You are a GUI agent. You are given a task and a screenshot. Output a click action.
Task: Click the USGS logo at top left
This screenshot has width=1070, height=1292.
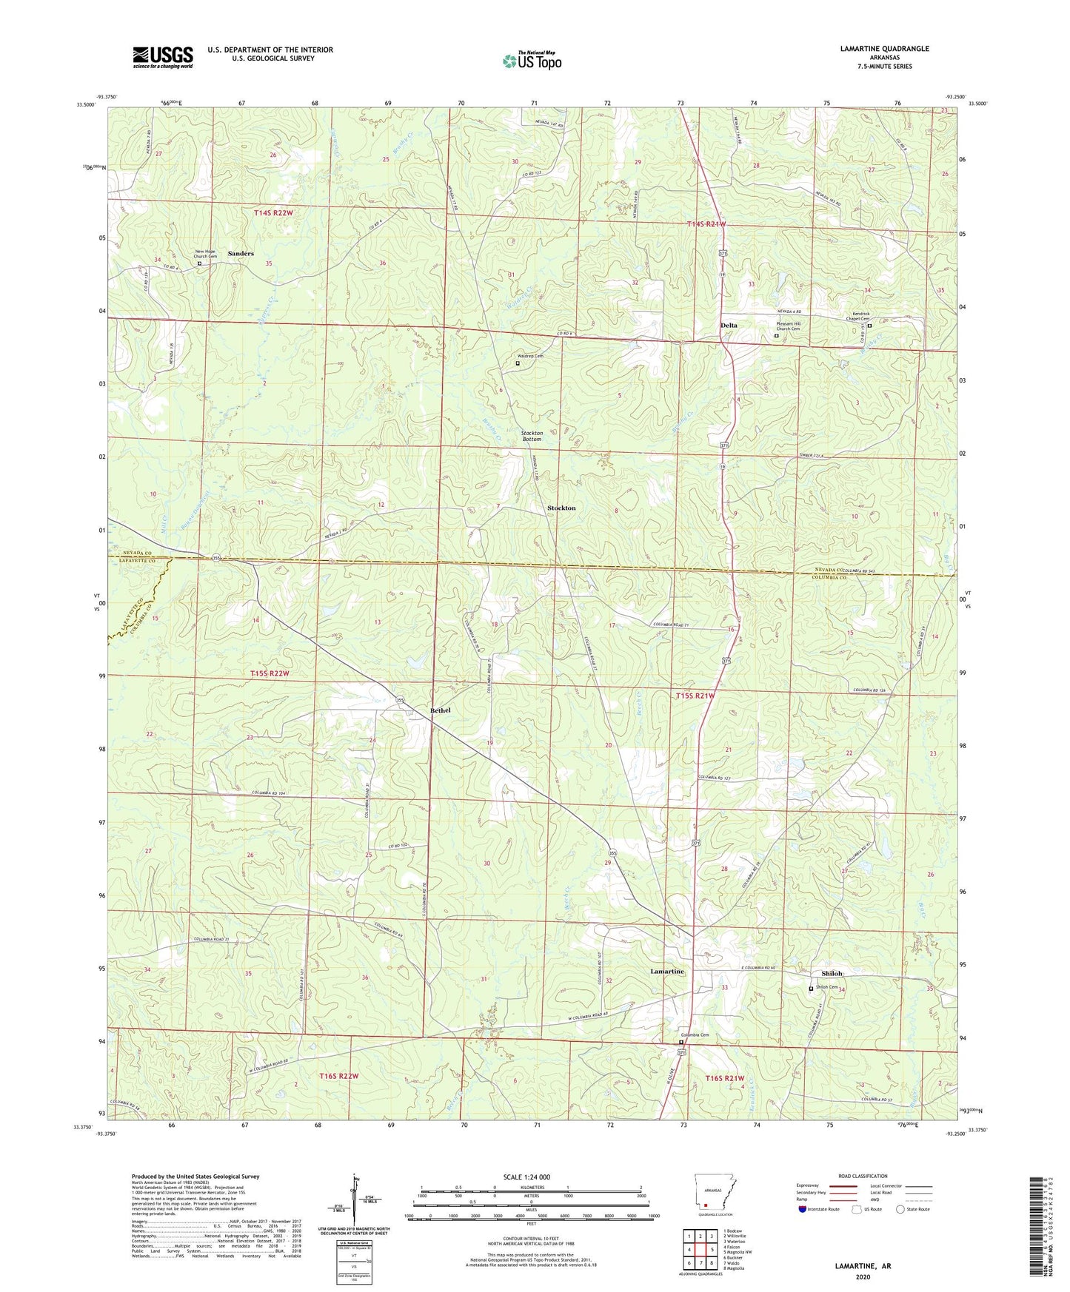tap(163, 57)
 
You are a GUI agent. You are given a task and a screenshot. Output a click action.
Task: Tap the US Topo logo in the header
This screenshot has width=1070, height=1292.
tap(532, 60)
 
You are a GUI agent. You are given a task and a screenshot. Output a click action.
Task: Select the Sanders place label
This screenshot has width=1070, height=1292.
tap(241, 254)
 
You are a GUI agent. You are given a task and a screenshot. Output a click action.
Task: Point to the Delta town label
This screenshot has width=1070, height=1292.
tap(729, 326)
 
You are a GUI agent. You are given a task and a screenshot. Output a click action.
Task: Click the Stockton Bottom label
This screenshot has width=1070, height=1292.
tap(532, 436)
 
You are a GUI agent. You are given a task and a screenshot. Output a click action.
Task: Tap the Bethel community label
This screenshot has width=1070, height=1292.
tap(441, 710)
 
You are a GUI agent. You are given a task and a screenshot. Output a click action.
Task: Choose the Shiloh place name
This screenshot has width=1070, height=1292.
tap(832, 974)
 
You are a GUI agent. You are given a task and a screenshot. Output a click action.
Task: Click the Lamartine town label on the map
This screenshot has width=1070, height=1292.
tap(667, 971)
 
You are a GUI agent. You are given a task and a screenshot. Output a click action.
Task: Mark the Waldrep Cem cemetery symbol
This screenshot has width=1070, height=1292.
tap(518, 363)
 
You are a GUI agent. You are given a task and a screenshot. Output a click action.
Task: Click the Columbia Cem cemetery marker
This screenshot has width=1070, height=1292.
tap(681, 1043)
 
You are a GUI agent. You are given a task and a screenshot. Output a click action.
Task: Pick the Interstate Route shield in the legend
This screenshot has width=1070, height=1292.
tap(802, 1208)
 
